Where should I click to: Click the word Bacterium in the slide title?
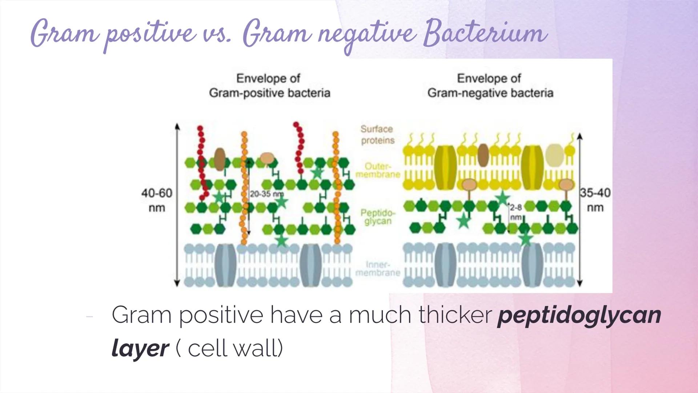(x=485, y=34)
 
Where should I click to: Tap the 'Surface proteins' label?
(x=377, y=135)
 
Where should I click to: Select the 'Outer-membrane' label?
(x=378, y=170)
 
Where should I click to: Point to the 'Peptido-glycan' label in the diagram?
(x=378, y=217)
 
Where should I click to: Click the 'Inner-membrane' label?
(x=378, y=269)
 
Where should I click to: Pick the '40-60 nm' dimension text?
(x=157, y=200)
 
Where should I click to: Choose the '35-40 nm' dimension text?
(x=595, y=200)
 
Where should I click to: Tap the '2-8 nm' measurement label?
(x=516, y=212)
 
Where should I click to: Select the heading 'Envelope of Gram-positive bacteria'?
(x=269, y=86)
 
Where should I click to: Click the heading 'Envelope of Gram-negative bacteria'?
(x=490, y=86)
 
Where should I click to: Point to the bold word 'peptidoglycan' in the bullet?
(x=579, y=315)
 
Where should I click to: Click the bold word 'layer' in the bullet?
(x=140, y=348)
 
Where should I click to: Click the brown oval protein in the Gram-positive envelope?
(x=220, y=159)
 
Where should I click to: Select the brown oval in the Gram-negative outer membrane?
(x=483, y=155)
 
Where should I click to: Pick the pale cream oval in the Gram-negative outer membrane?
(x=554, y=155)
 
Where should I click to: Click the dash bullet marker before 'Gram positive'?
(x=90, y=317)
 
